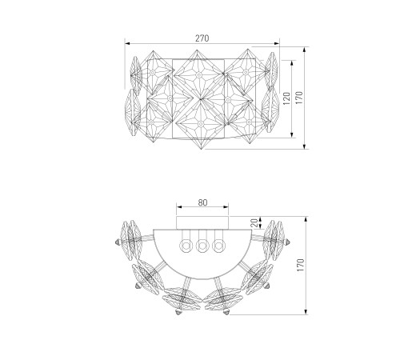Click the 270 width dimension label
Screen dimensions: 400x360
point(202,38)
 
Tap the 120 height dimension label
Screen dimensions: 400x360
point(286,98)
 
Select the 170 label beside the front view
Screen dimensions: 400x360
point(299,98)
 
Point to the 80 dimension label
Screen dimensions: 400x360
point(202,202)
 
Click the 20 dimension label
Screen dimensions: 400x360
point(255,222)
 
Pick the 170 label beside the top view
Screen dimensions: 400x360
point(301,265)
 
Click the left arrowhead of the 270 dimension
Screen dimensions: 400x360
point(127,43)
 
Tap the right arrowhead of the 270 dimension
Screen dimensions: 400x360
point(277,43)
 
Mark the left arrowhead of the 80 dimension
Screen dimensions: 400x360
point(179,206)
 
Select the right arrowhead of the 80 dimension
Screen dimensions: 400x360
point(226,206)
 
